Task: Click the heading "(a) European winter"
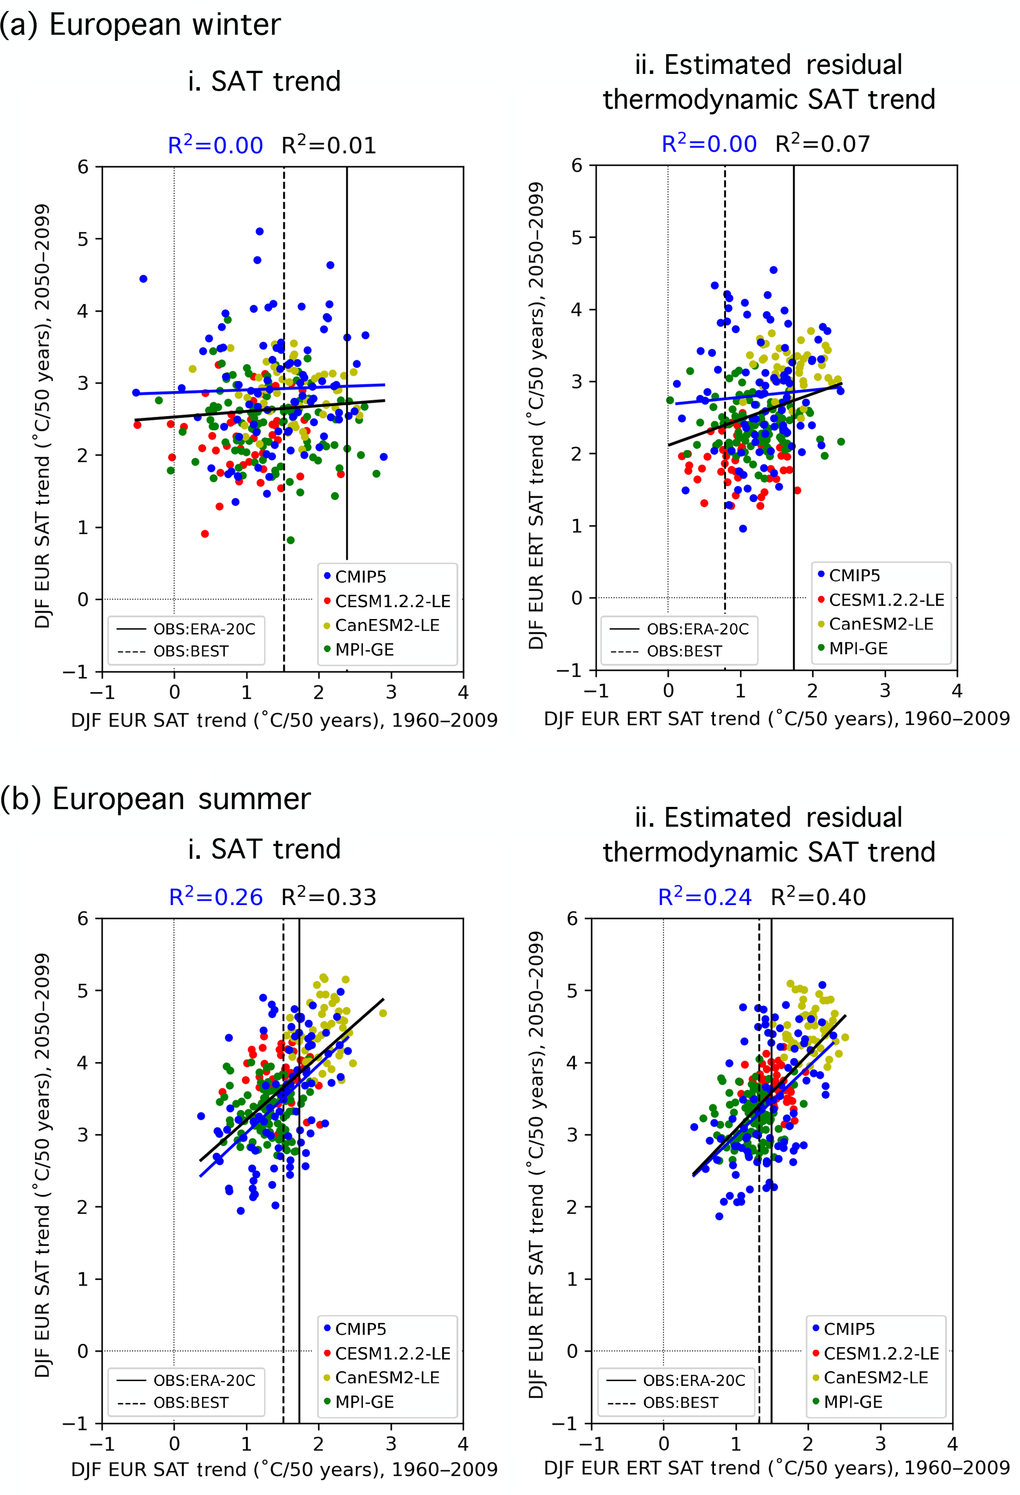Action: point(140,25)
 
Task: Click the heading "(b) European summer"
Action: point(155,800)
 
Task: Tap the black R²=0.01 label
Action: point(329,146)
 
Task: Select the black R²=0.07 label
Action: point(823,144)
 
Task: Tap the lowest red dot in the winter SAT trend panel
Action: point(205,534)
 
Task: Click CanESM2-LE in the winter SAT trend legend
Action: point(387,626)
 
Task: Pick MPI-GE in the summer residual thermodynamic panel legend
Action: point(853,1402)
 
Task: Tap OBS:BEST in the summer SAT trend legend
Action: point(190,1402)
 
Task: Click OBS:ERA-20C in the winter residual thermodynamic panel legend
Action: point(698,629)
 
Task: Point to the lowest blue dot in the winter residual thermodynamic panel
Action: point(743,529)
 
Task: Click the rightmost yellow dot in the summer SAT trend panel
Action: point(383,1013)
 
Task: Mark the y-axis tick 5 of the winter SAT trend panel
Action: point(83,239)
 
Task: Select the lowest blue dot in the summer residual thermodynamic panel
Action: point(719,1216)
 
